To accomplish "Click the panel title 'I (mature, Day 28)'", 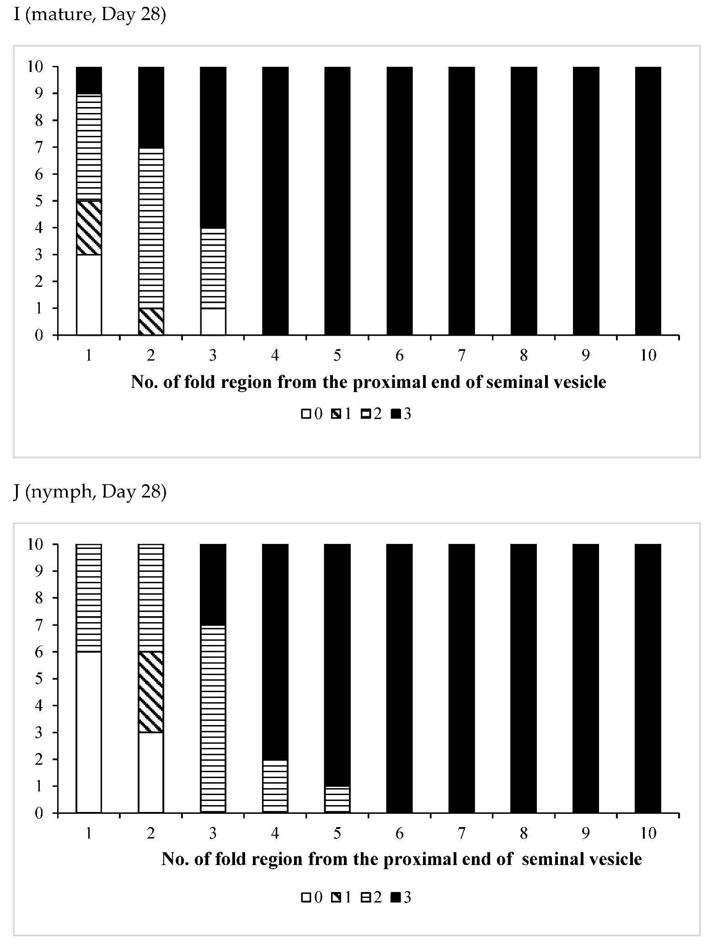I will pos(90,16).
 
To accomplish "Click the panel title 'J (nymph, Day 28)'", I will pos(90,493).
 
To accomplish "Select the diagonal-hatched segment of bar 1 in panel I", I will pos(89,228).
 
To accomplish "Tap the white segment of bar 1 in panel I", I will pos(89,295).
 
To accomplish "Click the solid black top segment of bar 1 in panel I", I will pos(89,80).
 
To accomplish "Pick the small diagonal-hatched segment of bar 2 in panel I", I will pos(151,322).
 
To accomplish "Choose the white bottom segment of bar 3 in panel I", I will pos(213,322).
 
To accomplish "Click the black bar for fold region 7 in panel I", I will pos(461,201).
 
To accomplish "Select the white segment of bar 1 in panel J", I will pos(89,732).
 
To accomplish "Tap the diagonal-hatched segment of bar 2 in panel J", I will pos(151,692).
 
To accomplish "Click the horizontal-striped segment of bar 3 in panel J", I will pos(213,719).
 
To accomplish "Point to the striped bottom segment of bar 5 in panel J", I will pos(337,799).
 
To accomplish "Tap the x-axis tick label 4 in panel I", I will pos(275,355).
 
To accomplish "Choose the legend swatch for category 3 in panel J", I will pos(396,898).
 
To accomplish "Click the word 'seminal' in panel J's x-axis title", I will pos(549,859).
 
